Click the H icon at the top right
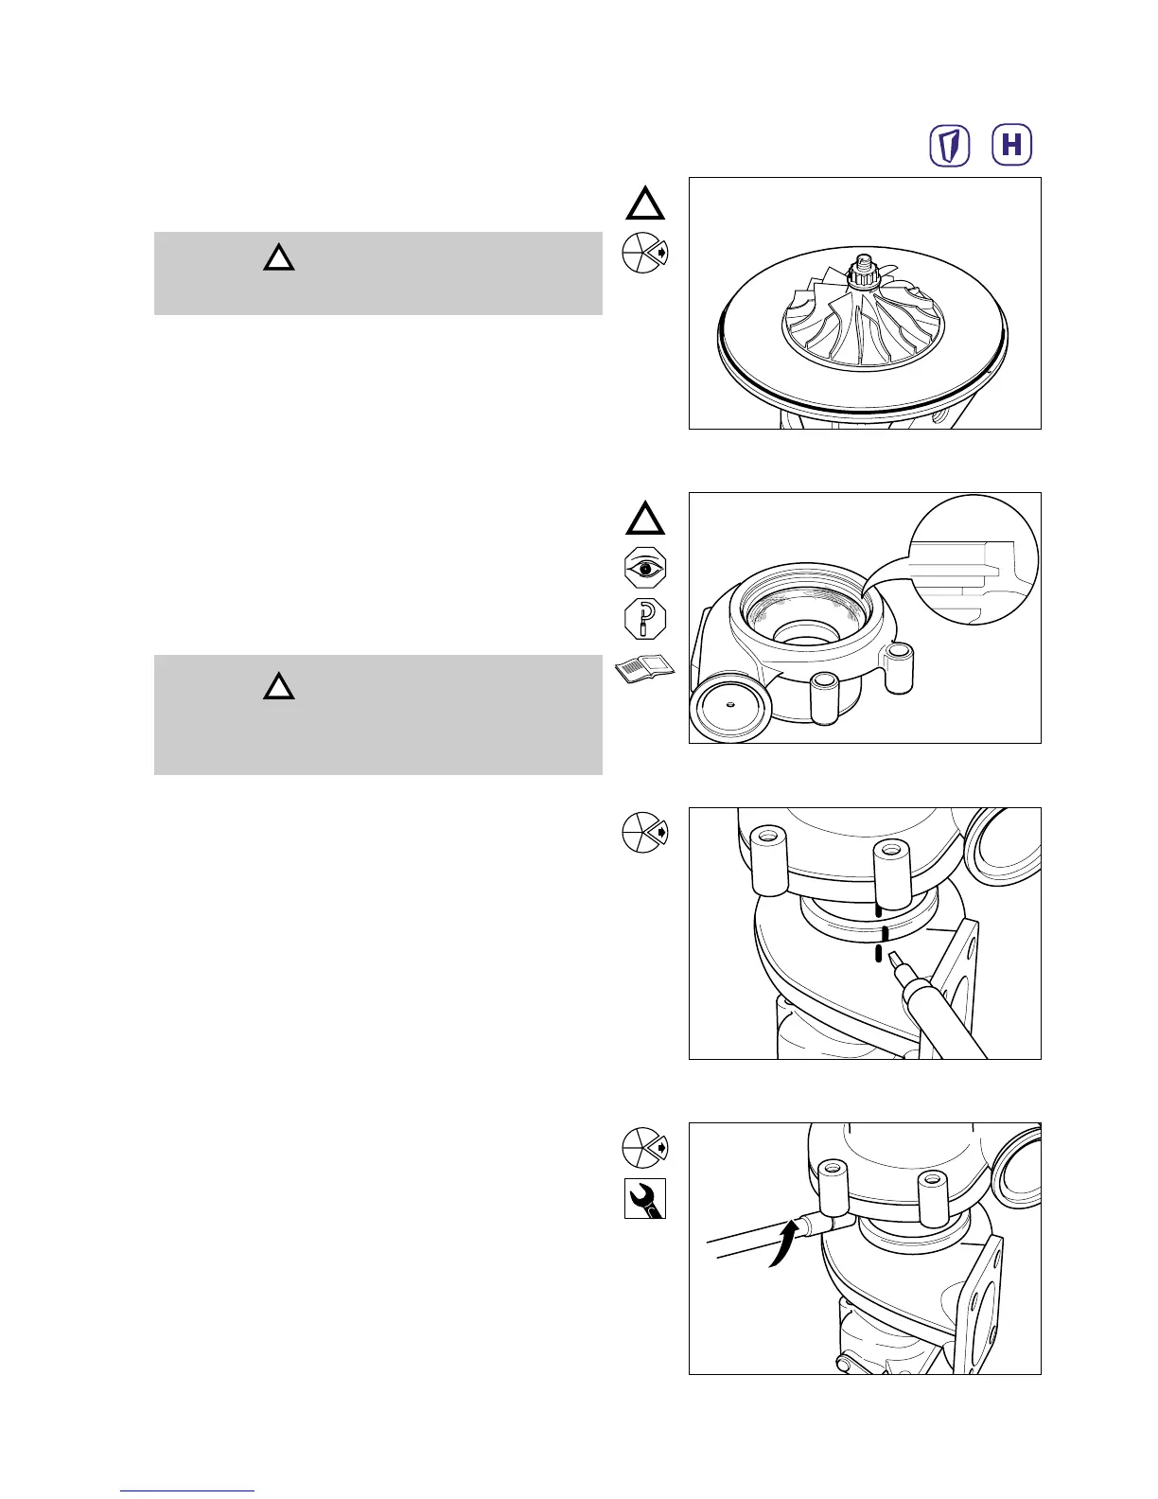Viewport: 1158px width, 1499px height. tap(1011, 146)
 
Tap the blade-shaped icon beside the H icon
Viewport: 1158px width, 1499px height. tap(951, 146)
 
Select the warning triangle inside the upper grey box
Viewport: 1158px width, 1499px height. tap(278, 257)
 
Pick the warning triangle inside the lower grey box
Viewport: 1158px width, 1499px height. tap(278, 685)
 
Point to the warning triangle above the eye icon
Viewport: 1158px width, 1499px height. tap(644, 520)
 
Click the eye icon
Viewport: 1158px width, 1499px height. tap(645, 569)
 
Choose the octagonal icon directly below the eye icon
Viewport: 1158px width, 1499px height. tap(645, 619)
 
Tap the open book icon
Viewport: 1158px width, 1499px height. tap(645, 669)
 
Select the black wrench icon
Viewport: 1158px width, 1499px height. tap(645, 1199)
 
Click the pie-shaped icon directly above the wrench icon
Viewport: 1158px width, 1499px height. tap(644, 1148)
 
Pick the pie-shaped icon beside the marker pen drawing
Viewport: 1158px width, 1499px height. tap(644, 833)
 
